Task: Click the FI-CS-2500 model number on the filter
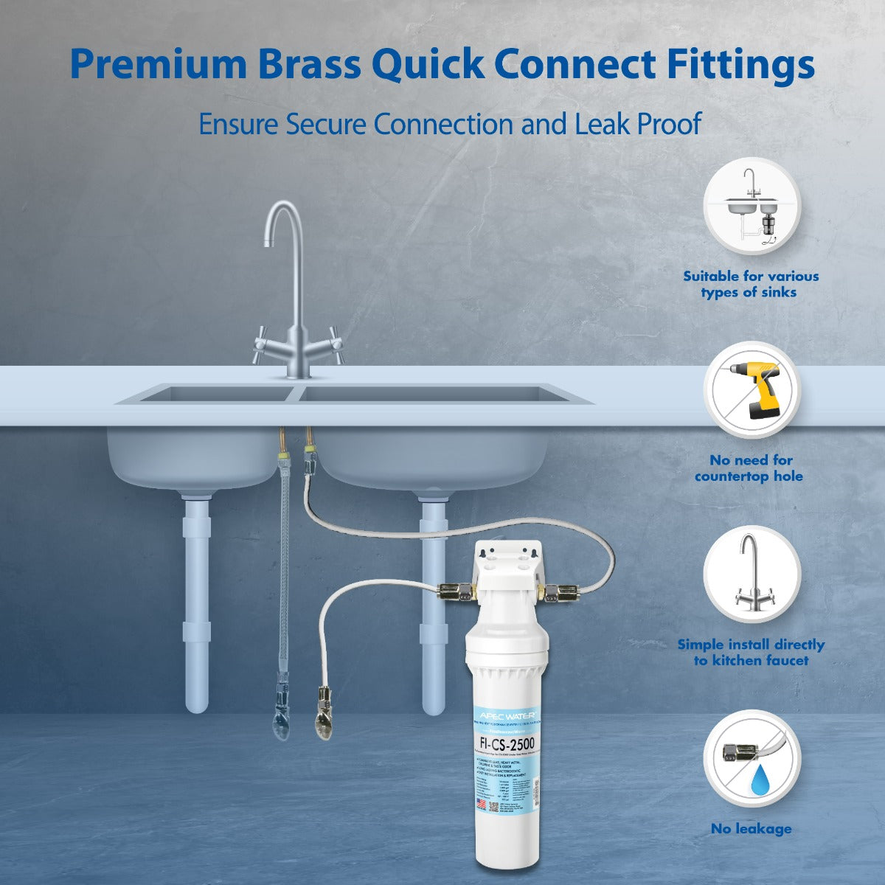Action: (507, 743)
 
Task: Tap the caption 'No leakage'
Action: (751, 828)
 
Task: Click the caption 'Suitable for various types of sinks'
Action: (751, 284)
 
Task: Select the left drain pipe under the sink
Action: (196, 605)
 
